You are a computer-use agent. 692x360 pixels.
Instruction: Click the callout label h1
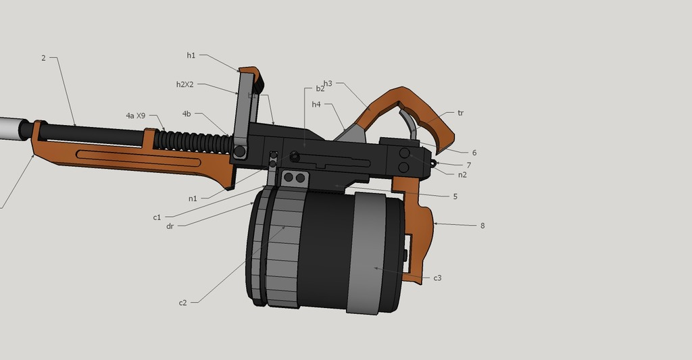[x=191, y=55]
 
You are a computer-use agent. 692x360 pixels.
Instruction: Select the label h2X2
[x=185, y=84]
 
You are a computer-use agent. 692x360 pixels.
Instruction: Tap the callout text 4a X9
[x=135, y=115]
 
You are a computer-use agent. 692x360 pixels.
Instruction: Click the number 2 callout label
[x=43, y=58]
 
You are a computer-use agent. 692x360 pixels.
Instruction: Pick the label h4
[x=316, y=105]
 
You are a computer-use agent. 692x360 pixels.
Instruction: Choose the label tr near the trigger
[x=460, y=113]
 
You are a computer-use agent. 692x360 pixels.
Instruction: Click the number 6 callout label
[x=474, y=153]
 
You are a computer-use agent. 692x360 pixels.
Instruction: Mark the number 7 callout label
[x=468, y=165]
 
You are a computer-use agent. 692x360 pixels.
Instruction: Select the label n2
[x=462, y=175]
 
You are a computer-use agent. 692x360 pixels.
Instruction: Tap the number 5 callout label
[x=455, y=197]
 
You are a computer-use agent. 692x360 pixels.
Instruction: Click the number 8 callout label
[x=483, y=226]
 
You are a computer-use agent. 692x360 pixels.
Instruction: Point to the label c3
[x=437, y=278]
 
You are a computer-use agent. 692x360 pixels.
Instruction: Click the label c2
[x=182, y=303]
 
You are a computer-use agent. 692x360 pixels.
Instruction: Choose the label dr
[x=170, y=226]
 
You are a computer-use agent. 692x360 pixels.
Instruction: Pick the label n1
[x=193, y=199]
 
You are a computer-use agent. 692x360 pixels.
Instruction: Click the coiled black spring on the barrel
[x=189, y=140]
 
